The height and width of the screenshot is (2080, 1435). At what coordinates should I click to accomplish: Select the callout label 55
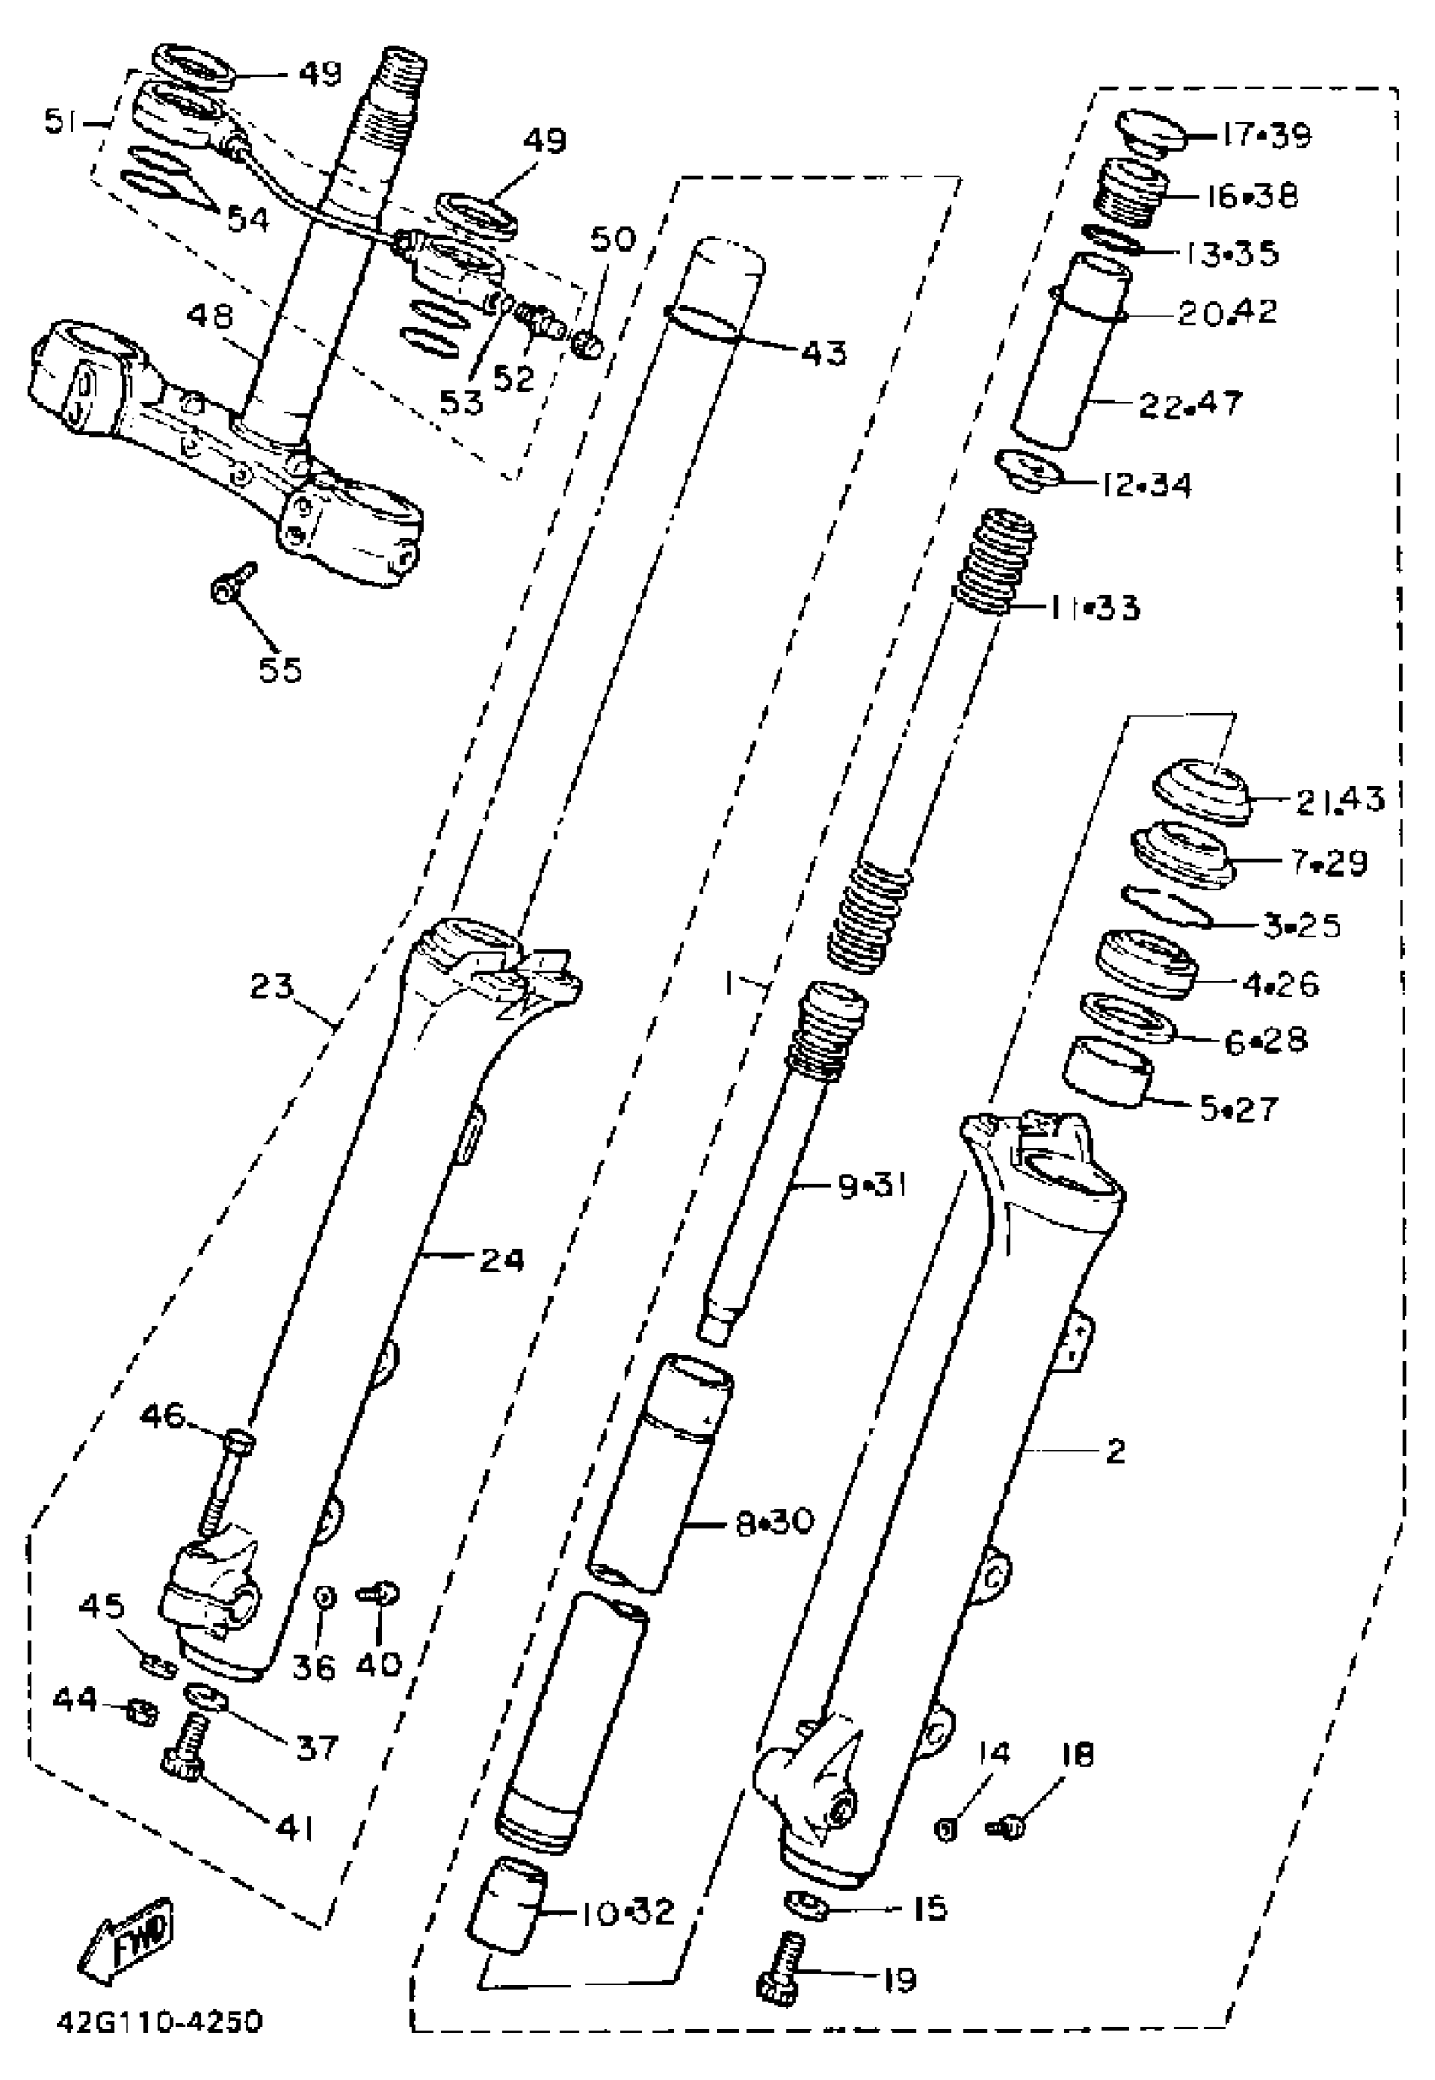pyautogui.click(x=280, y=670)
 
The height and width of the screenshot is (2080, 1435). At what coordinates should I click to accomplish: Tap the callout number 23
pyautogui.click(x=272, y=987)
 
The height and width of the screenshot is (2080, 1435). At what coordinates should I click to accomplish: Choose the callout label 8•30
pyautogui.click(x=774, y=1523)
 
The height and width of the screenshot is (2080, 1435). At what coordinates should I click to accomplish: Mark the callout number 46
pyautogui.click(x=162, y=1417)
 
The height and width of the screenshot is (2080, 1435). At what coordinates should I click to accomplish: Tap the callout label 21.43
pyautogui.click(x=1340, y=799)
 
